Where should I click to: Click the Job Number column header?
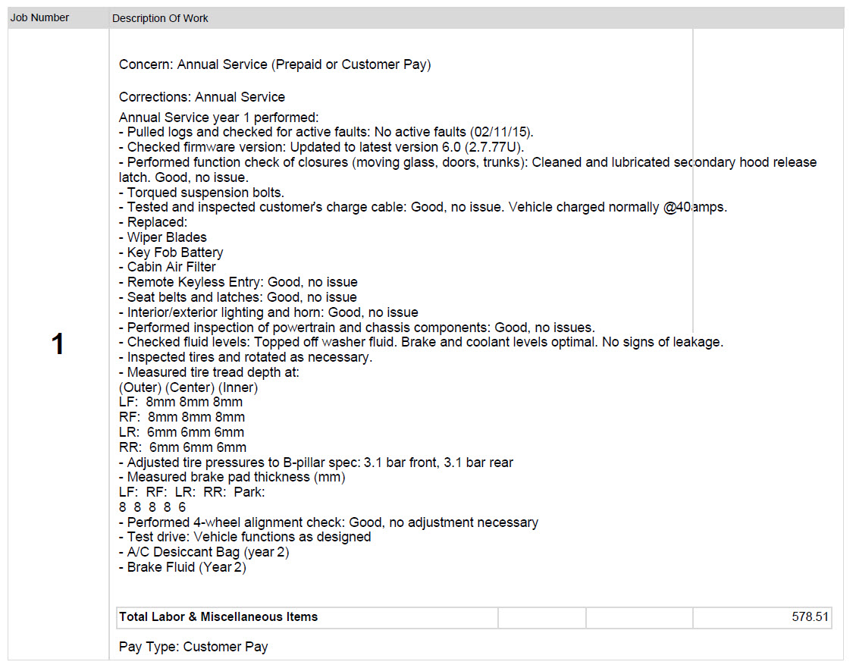(x=39, y=17)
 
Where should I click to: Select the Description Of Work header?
(x=160, y=18)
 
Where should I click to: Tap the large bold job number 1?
(x=58, y=345)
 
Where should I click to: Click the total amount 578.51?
(x=810, y=617)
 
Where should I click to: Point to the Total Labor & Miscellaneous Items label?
(x=218, y=617)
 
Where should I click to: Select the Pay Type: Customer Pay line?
(x=193, y=647)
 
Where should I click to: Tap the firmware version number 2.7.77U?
(x=495, y=147)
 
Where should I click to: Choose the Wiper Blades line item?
(x=167, y=237)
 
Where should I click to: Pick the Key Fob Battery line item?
(x=175, y=252)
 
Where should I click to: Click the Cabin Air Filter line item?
(x=171, y=267)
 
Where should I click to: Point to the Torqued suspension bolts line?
(x=202, y=193)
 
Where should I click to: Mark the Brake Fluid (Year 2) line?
(x=183, y=567)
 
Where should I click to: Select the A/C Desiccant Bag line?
(x=204, y=552)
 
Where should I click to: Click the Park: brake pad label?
(x=249, y=492)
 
